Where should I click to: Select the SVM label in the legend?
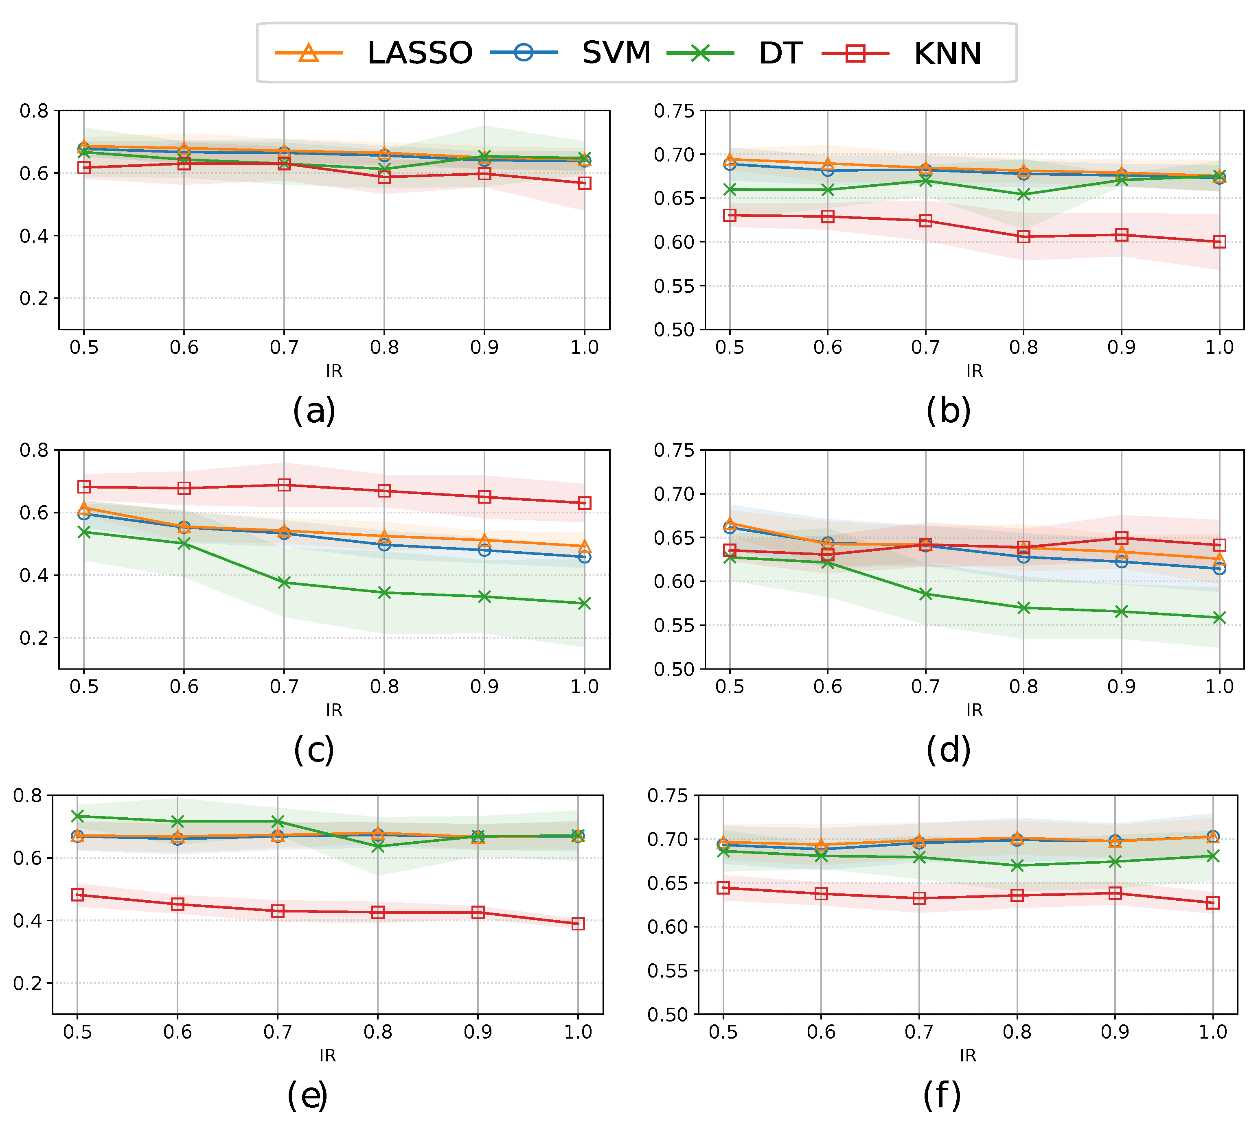616,53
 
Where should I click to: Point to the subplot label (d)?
948,750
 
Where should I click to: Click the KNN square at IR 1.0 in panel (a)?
584,183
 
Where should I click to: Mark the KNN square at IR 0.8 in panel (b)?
1023,237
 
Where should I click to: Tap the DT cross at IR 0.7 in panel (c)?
284,583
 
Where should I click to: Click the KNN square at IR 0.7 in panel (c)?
284,485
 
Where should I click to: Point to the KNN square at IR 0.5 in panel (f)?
723,888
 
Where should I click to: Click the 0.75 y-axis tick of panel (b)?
674,111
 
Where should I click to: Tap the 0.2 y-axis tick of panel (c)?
34,638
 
